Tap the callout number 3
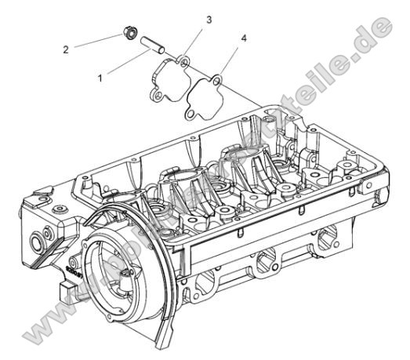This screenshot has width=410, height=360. tap(209, 19)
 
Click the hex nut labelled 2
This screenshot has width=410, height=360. tap(128, 34)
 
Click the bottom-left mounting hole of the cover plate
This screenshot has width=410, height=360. tap(157, 94)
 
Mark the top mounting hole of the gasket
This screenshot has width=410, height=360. tap(217, 78)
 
